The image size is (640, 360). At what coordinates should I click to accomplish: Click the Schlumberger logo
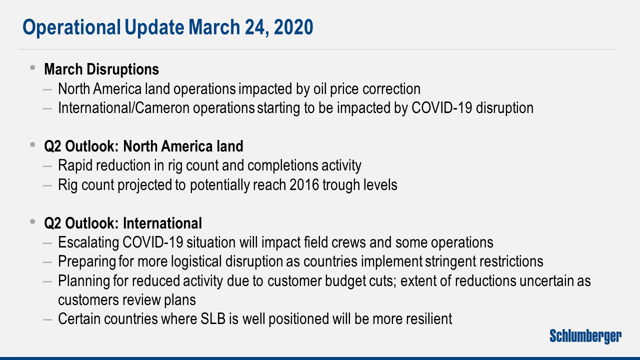tap(585, 336)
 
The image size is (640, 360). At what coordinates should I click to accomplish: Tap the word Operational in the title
tap(71, 27)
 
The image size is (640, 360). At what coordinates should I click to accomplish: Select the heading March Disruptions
tap(101, 69)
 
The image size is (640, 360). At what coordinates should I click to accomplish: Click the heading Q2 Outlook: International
tap(123, 223)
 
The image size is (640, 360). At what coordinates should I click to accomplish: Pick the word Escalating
tap(88, 242)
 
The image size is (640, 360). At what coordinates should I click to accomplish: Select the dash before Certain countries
tap(47, 319)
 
